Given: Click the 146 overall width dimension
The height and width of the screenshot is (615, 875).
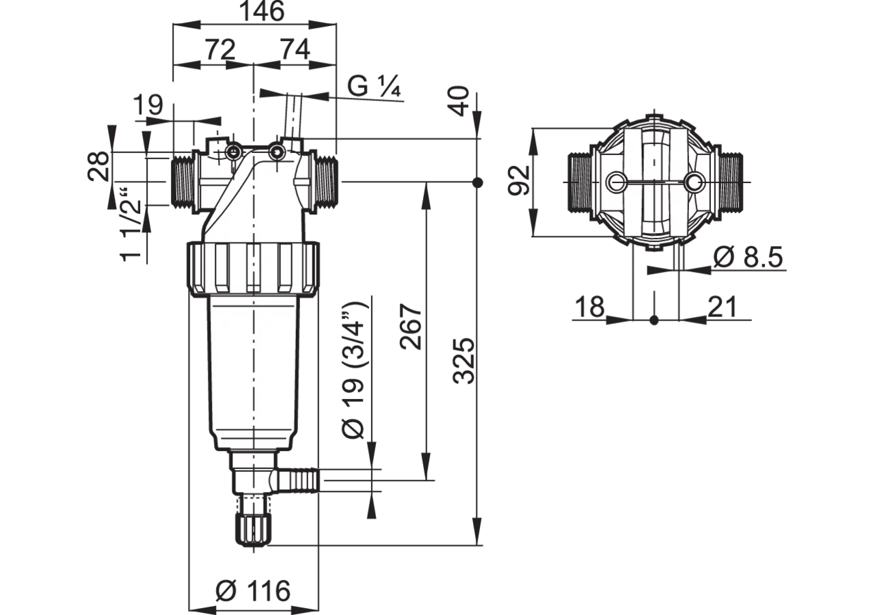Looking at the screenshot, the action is coord(261,11).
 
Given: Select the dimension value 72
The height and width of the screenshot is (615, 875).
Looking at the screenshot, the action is coord(221,50).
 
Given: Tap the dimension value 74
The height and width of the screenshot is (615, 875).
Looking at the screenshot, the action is coord(295,50).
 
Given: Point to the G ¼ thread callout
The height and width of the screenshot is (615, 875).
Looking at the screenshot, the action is coord(374,86).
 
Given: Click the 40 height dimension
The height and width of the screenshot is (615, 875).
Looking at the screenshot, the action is coord(458,101).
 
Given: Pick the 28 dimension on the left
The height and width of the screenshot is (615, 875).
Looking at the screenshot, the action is coord(98,166).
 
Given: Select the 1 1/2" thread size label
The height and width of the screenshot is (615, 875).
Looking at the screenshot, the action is coord(131,225).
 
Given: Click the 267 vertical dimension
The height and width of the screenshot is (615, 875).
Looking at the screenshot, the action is coord(411,327).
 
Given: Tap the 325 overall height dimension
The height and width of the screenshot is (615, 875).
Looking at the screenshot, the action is coord(463,361).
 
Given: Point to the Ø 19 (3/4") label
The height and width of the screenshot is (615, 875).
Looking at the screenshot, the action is coord(353,370).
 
